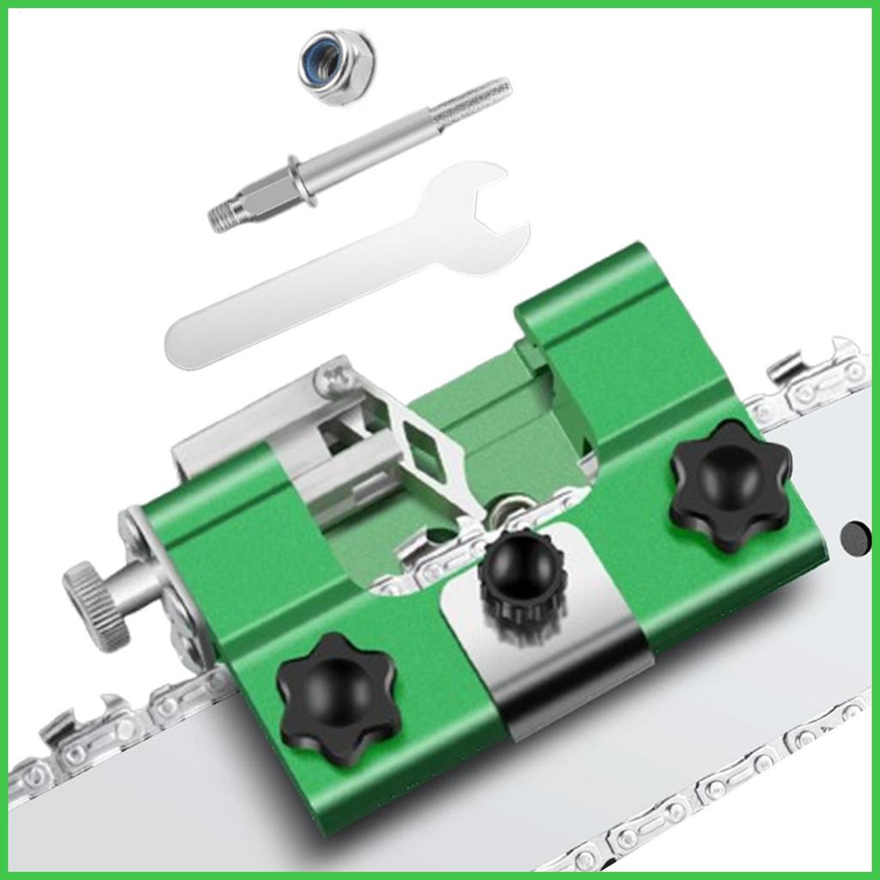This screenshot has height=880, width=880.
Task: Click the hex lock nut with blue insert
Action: click(336, 65)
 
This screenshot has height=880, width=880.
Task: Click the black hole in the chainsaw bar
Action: click(855, 538)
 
